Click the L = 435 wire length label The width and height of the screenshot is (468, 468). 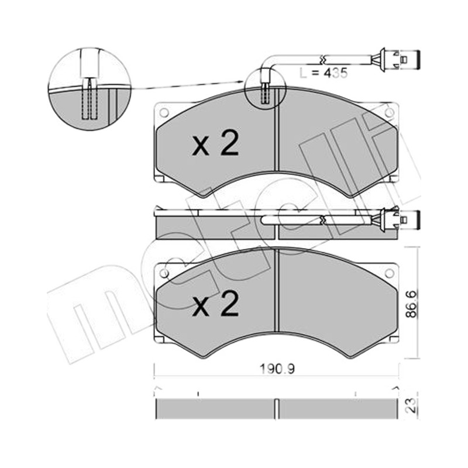324,73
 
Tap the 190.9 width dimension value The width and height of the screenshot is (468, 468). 277,369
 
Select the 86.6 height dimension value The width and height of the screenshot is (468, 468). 413,304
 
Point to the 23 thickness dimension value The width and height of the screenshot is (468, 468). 412,405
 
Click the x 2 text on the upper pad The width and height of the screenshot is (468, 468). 215,143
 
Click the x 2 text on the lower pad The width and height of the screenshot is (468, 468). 215,304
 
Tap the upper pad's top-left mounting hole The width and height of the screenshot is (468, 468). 164,112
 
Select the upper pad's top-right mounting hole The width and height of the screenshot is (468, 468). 389,112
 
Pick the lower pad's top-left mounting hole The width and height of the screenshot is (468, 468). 164,273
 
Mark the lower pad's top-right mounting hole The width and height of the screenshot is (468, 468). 389,273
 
